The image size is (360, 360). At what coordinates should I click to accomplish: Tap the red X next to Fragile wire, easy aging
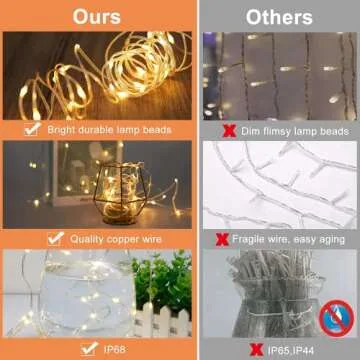point(222,240)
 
